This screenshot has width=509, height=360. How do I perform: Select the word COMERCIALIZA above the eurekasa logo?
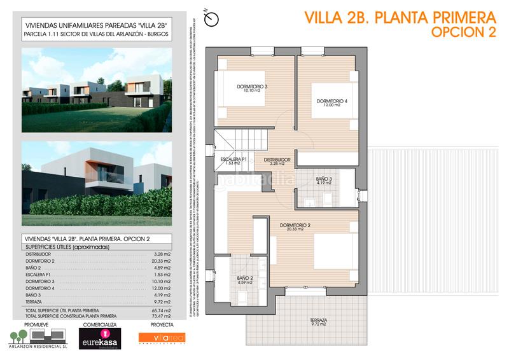click(98, 323)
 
